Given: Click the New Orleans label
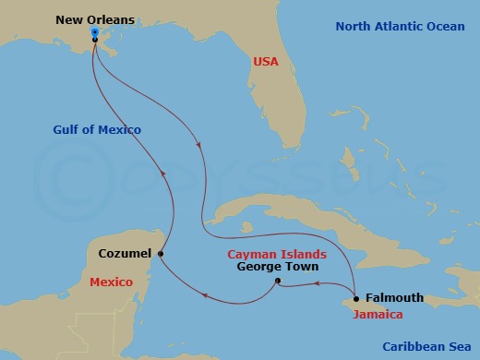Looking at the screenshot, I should [x=94, y=18].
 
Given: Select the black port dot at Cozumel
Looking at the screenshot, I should [x=161, y=254].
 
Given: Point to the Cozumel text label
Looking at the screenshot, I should [x=124, y=253].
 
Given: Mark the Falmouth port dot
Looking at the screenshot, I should [x=356, y=298].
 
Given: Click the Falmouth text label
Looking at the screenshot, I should [x=394, y=298].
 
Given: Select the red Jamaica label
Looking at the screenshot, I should [x=378, y=315].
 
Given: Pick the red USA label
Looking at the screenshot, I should [x=266, y=62].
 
